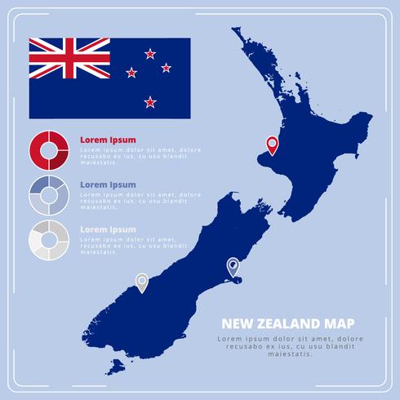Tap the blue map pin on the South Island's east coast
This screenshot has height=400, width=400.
233,265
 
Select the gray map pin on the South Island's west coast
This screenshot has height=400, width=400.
142,282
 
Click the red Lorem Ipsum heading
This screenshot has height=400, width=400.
108,140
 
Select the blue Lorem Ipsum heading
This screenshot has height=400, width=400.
108,184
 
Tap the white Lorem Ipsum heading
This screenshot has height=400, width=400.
108,229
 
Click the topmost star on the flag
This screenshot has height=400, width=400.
149,54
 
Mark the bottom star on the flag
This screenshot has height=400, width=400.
149,102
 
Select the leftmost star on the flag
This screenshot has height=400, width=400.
132,73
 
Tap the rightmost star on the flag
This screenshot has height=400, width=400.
167,67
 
